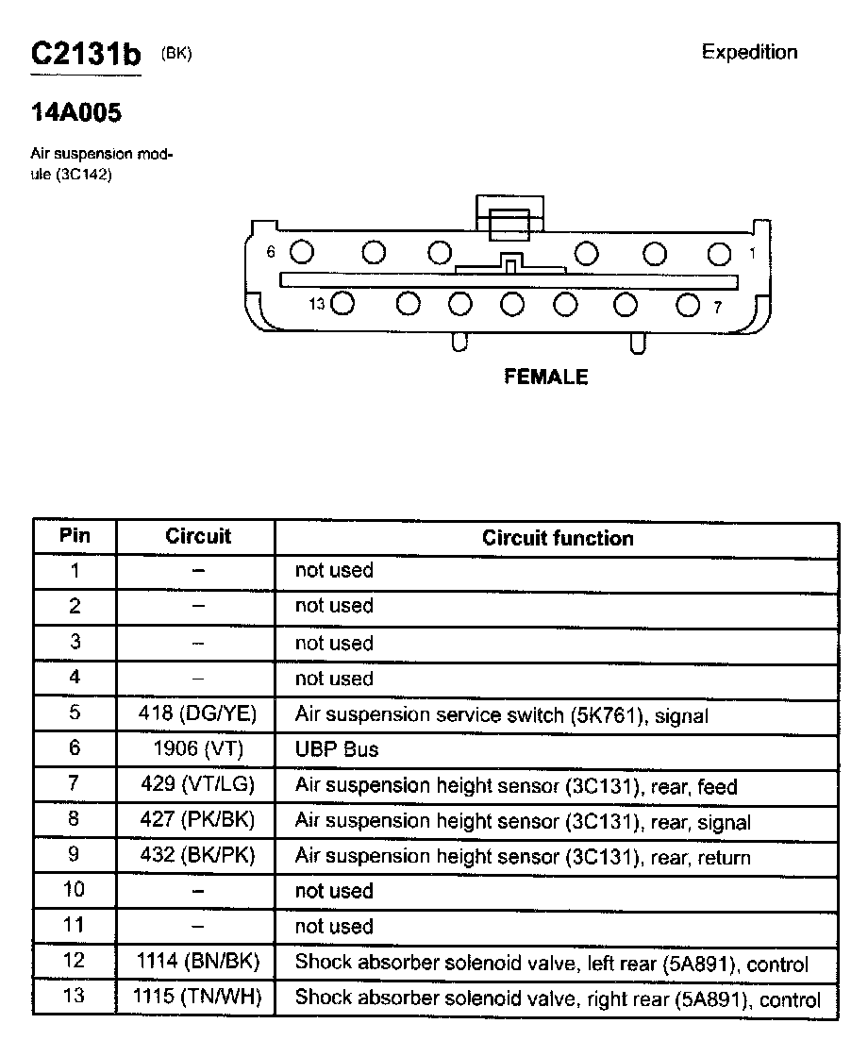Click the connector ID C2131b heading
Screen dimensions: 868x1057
pyautogui.click(x=85, y=54)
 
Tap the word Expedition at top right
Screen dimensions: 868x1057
pyautogui.click(x=749, y=52)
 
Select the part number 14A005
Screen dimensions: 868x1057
pyautogui.click(x=75, y=114)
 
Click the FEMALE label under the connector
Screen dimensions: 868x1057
pyautogui.click(x=546, y=377)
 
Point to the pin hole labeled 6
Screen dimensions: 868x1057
pyautogui.click(x=302, y=252)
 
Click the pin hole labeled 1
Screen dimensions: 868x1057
pyautogui.click(x=720, y=253)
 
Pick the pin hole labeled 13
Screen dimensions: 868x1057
pyautogui.click(x=342, y=304)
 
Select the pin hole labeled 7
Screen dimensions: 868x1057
pyautogui.click(x=689, y=305)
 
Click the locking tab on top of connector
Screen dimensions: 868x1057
pyautogui.click(x=509, y=220)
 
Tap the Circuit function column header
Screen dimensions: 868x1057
pyautogui.click(x=558, y=538)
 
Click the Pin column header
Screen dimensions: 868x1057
pyautogui.click(x=75, y=536)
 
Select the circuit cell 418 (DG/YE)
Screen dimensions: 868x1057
pyautogui.click(x=197, y=713)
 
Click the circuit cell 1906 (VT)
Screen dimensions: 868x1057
pyautogui.click(x=197, y=749)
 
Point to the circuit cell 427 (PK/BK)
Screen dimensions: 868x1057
pyautogui.click(x=197, y=820)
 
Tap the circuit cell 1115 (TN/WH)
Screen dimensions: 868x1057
pyautogui.click(x=197, y=997)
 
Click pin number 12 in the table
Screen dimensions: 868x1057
pyautogui.click(x=75, y=961)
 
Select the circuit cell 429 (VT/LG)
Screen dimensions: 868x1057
pyautogui.click(x=197, y=784)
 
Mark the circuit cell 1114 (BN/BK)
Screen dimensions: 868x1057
pyautogui.click(x=197, y=962)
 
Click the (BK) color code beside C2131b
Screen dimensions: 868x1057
pyautogui.click(x=176, y=54)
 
